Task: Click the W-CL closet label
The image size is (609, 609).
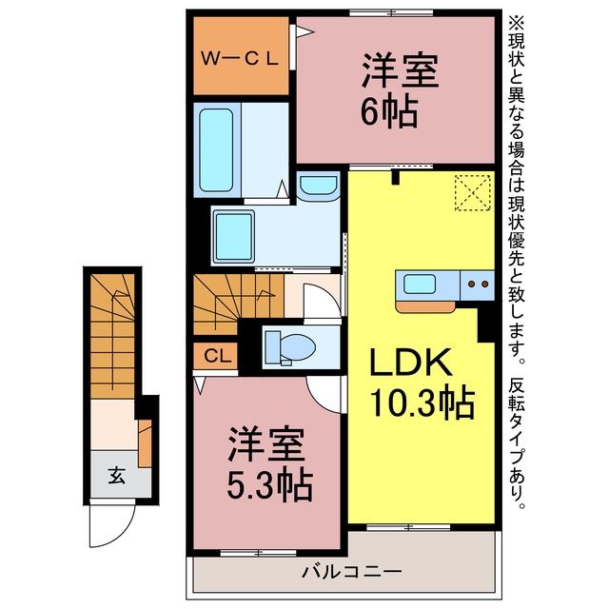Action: (240, 59)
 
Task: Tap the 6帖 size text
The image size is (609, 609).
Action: (389, 111)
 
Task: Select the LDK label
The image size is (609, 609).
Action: (412, 363)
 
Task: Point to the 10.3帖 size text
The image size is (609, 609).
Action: (422, 402)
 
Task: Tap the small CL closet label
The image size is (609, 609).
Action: (218, 356)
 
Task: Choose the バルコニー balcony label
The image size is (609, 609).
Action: (352, 571)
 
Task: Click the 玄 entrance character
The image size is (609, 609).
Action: (116, 476)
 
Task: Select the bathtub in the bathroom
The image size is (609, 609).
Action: (216, 150)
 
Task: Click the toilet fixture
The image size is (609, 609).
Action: (289, 347)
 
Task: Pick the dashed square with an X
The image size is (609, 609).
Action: (473, 193)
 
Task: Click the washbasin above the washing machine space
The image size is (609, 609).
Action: (319, 187)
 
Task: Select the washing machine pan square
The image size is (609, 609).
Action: (234, 237)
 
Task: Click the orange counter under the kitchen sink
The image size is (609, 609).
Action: (425, 306)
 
